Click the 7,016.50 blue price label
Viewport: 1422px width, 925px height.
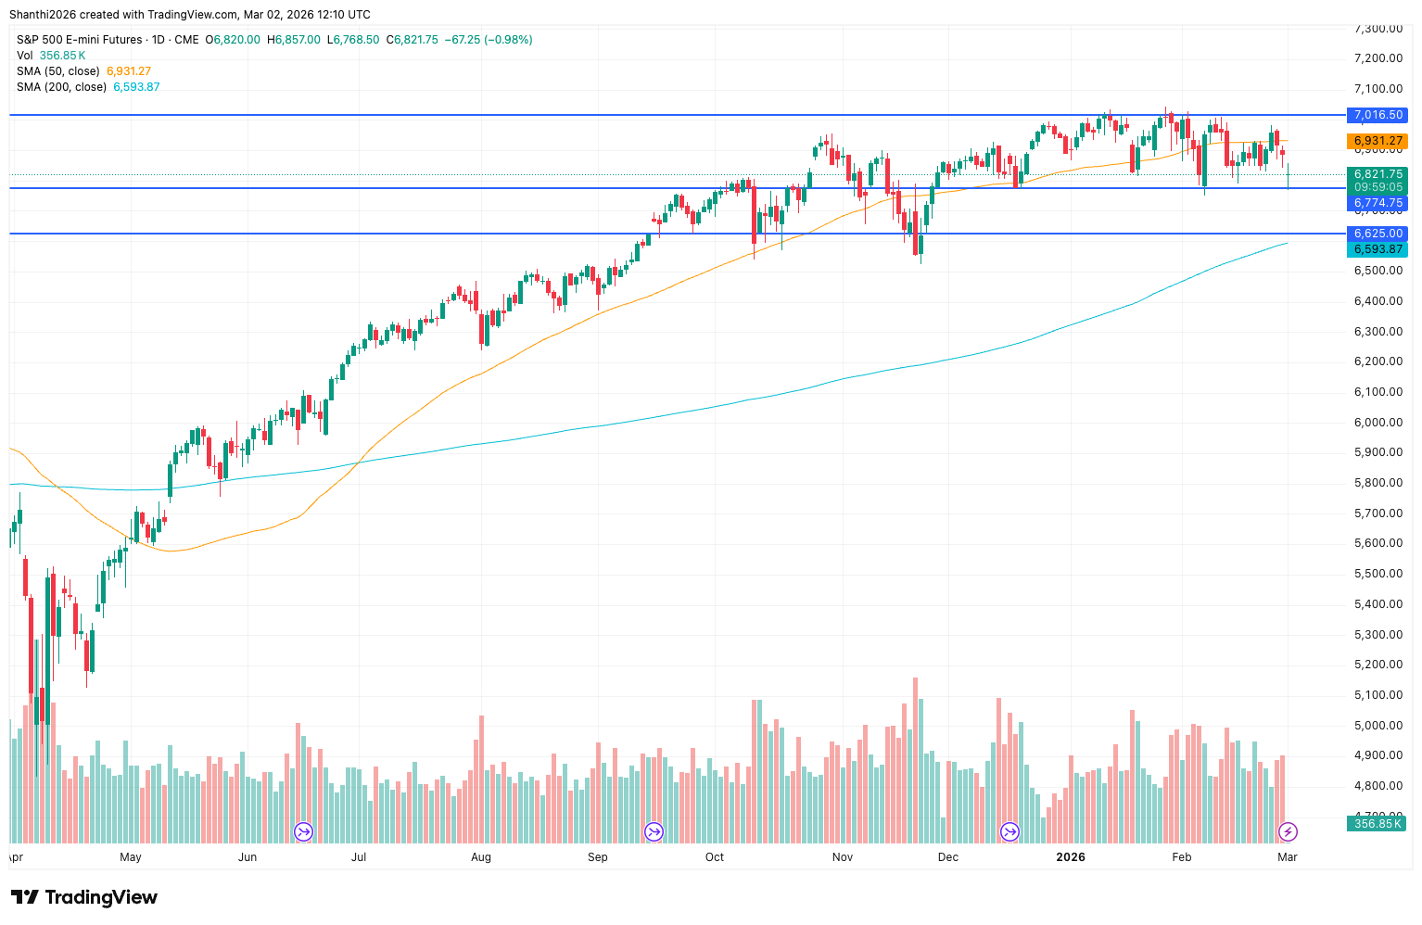click(1378, 115)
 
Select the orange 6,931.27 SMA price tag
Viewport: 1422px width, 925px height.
click(1378, 141)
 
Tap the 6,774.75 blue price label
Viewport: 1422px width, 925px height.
click(1378, 203)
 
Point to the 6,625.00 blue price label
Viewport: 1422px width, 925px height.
click(1378, 234)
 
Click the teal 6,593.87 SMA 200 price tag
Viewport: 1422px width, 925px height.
click(1378, 249)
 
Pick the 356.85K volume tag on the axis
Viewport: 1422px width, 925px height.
click(1378, 823)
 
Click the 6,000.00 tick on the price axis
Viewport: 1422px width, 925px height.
click(1378, 422)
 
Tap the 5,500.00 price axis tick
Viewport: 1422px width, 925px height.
click(1378, 574)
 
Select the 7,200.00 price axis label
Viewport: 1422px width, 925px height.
click(1378, 58)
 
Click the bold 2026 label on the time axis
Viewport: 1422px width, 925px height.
click(1071, 857)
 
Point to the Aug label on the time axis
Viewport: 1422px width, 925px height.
click(481, 857)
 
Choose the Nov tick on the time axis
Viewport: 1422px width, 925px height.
click(843, 857)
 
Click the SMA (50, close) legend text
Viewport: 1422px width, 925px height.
click(58, 71)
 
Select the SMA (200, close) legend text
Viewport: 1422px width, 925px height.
click(61, 87)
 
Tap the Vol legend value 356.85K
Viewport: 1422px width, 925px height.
click(63, 56)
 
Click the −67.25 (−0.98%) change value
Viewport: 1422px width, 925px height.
click(489, 40)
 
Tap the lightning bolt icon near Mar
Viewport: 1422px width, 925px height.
click(1288, 831)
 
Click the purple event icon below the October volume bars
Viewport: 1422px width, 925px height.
click(654, 831)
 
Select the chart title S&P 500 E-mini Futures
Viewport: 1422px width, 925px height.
click(80, 40)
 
